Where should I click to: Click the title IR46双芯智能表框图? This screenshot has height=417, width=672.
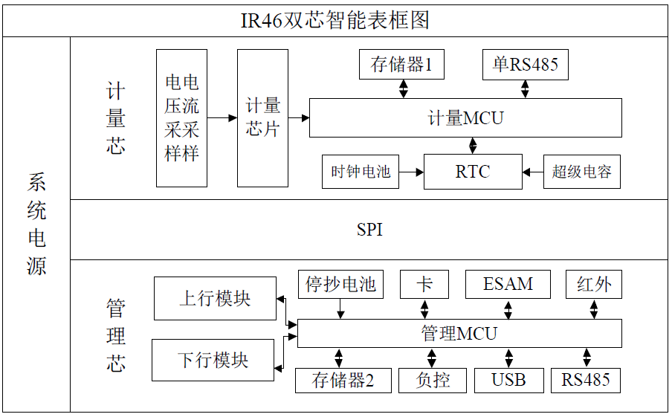click(x=335, y=20)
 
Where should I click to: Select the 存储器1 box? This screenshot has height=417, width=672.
click(x=401, y=65)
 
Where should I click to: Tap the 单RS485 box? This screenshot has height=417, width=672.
click(x=525, y=65)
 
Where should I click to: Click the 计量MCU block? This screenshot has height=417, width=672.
click(x=465, y=117)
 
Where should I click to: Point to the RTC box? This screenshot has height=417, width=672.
click(x=472, y=172)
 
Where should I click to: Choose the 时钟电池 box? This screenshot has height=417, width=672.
click(x=361, y=172)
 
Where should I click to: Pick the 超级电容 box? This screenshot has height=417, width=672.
click(x=581, y=172)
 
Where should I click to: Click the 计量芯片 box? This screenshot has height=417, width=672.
click(x=262, y=117)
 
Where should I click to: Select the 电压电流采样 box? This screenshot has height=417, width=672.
click(x=181, y=117)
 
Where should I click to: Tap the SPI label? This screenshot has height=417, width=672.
click(x=369, y=230)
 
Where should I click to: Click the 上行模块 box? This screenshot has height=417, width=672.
click(x=215, y=298)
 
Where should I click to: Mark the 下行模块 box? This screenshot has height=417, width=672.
click(x=213, y=361)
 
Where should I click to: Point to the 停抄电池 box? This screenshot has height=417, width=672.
click(x=341, y=285)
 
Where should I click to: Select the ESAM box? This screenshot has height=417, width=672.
click(x=508, y=285)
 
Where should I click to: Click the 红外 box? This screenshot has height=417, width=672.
click(x=594, y=285)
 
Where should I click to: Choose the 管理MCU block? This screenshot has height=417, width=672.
click(x=459, y=333)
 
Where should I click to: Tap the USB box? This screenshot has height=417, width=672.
click(x=508, y=381)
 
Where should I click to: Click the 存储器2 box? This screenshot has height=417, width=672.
click(x=342, y=381)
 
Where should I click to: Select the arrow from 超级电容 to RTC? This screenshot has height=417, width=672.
click(x=532, y=172)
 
